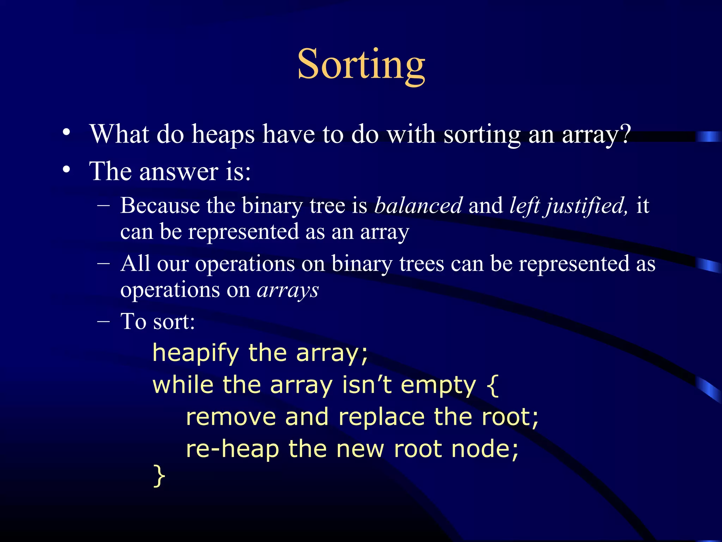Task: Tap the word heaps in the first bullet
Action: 223,134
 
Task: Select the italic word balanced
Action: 418,205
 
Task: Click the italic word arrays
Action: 288,290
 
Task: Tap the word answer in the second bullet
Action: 178,171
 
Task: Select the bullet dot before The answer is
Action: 66,170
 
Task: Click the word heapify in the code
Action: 196,353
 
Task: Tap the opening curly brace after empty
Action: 492,385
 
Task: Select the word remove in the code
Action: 231,417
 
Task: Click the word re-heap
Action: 232,449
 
